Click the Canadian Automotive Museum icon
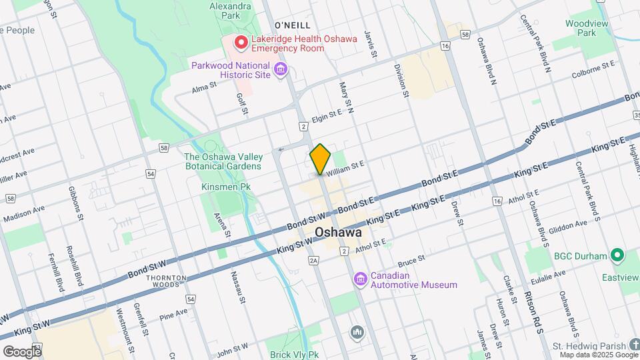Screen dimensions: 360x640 coord(361,278)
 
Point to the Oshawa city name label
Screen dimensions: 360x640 coord(338,233)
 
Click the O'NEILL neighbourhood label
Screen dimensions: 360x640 coord(293,25)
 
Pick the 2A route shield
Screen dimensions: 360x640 coord(314,262)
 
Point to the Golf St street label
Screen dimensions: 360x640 coord(242,103)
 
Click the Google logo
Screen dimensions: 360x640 coord(21,351)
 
